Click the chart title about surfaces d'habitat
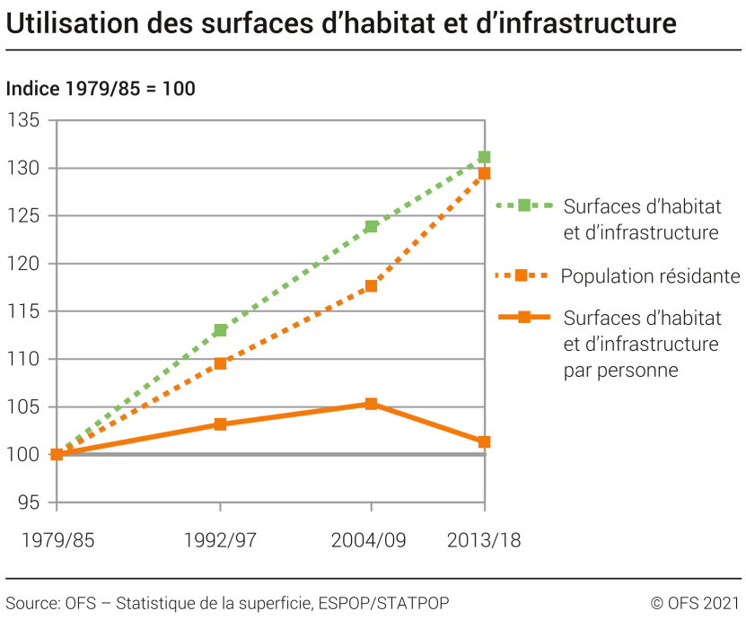[x=341, y=24]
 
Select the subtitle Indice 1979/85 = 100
[x=101, y=89]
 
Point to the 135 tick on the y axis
[x=26, y=120]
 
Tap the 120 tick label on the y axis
[x=26, y=264]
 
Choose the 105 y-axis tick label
[x=26, y=406]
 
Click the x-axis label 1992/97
[x=219, y=540]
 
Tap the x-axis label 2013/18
[x=484, y=540]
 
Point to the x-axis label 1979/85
[x=57, y=540]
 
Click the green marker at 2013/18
[x=485, y=157]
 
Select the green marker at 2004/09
[x=371, y=226]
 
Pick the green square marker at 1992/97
[x=220, y=330]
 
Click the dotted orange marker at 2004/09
[x=371, y=286]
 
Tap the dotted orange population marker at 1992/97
[x=220, y=363]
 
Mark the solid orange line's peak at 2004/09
[x=371, y=404]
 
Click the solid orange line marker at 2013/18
[x=485, y=441]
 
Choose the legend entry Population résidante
[x=650, y=276]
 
